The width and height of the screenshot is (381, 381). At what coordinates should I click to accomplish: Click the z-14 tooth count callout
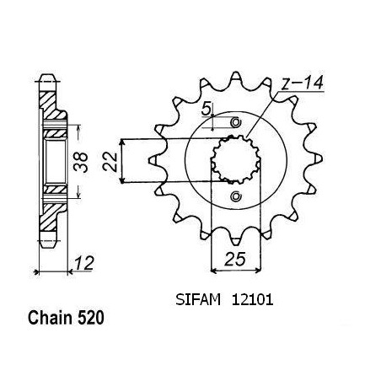pos(303,83)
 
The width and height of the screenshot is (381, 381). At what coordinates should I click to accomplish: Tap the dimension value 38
pos(81,162)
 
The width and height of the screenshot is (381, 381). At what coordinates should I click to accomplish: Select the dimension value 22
pos(110,161)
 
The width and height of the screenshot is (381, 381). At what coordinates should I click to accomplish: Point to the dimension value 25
pos(235,259)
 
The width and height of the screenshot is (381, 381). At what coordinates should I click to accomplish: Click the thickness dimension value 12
pos(83,263)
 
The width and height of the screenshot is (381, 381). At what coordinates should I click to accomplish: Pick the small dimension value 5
pos(206,109)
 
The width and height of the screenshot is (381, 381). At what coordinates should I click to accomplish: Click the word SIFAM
pos(198,300)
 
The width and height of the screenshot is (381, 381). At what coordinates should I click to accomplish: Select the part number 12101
pos(252,300)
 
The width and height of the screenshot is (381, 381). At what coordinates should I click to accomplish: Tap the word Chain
pos(50,318)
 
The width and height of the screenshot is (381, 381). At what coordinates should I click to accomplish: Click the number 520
pos(91,318)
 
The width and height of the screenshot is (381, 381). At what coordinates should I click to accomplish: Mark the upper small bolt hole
pos(235,122)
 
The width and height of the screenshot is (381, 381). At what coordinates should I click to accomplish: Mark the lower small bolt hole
pos(235,196)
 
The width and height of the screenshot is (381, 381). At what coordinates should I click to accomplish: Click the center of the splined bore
pos(235,159)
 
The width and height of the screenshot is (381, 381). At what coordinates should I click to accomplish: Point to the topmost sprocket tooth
pos(235,78)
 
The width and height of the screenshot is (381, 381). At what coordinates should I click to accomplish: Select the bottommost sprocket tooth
pos(235,241)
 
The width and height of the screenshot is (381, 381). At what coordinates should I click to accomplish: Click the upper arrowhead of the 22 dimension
pos(121,142)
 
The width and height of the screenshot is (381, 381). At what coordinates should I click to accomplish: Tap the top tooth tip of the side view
pos(47,77)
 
